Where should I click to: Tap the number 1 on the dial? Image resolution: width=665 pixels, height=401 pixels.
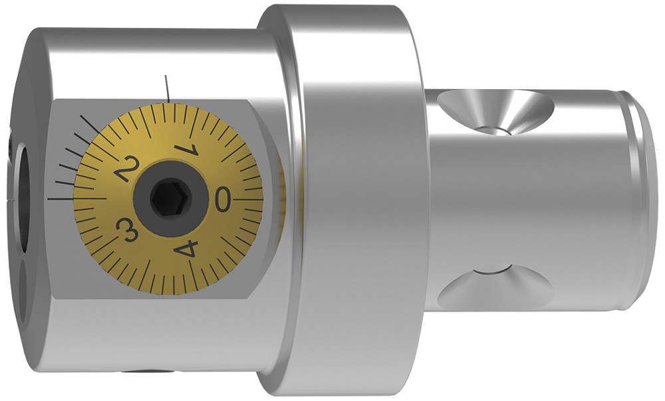(x=186, y=147)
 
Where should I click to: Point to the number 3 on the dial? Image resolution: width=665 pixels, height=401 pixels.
(x=127, y=229)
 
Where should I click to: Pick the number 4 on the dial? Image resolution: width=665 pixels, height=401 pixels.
(x=186, y=249)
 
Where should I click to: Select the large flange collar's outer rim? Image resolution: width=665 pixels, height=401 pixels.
(x=346, y=200)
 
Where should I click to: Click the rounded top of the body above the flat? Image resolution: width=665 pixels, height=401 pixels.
(x=153, y=60)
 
